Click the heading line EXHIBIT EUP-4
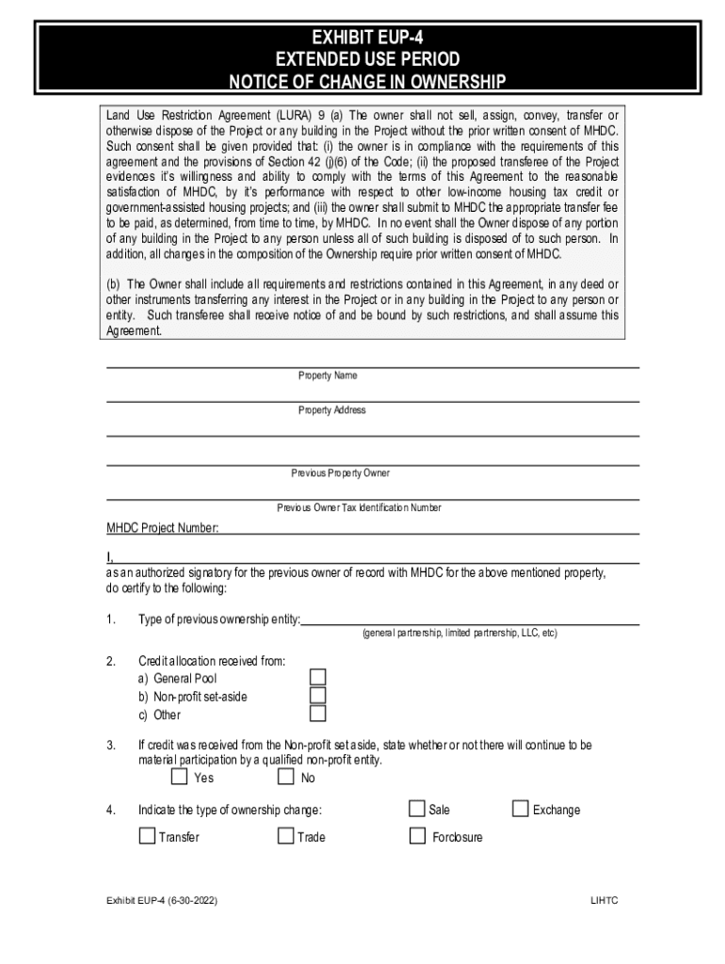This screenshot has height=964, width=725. [x=367, y=40]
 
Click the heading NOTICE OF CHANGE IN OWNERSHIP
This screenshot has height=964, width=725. [x=367, y=82]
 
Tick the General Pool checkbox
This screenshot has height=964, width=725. [x=318, y=677]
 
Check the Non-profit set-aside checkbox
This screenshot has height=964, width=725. [x=318, y=696]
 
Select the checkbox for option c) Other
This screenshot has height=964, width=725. [x=318, y=714]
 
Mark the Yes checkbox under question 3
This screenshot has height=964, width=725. [x=179, y=777]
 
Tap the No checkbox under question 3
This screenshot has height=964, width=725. [x=285, y=777]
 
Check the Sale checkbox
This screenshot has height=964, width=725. [x=417, y=809]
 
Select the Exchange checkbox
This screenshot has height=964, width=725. [x=520, y=809]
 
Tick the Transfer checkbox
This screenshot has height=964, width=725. [x=147, y=835]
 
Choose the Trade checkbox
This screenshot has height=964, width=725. [x=285, y=835]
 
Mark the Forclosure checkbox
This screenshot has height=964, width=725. [x=417, y=835]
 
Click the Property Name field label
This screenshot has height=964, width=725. [x=328, y=376]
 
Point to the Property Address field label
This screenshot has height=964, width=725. [x=331, y=410]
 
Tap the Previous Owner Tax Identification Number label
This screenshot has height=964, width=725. [x=358, y=507]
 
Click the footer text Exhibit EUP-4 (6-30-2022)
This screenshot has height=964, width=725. [x=162, y=901]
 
